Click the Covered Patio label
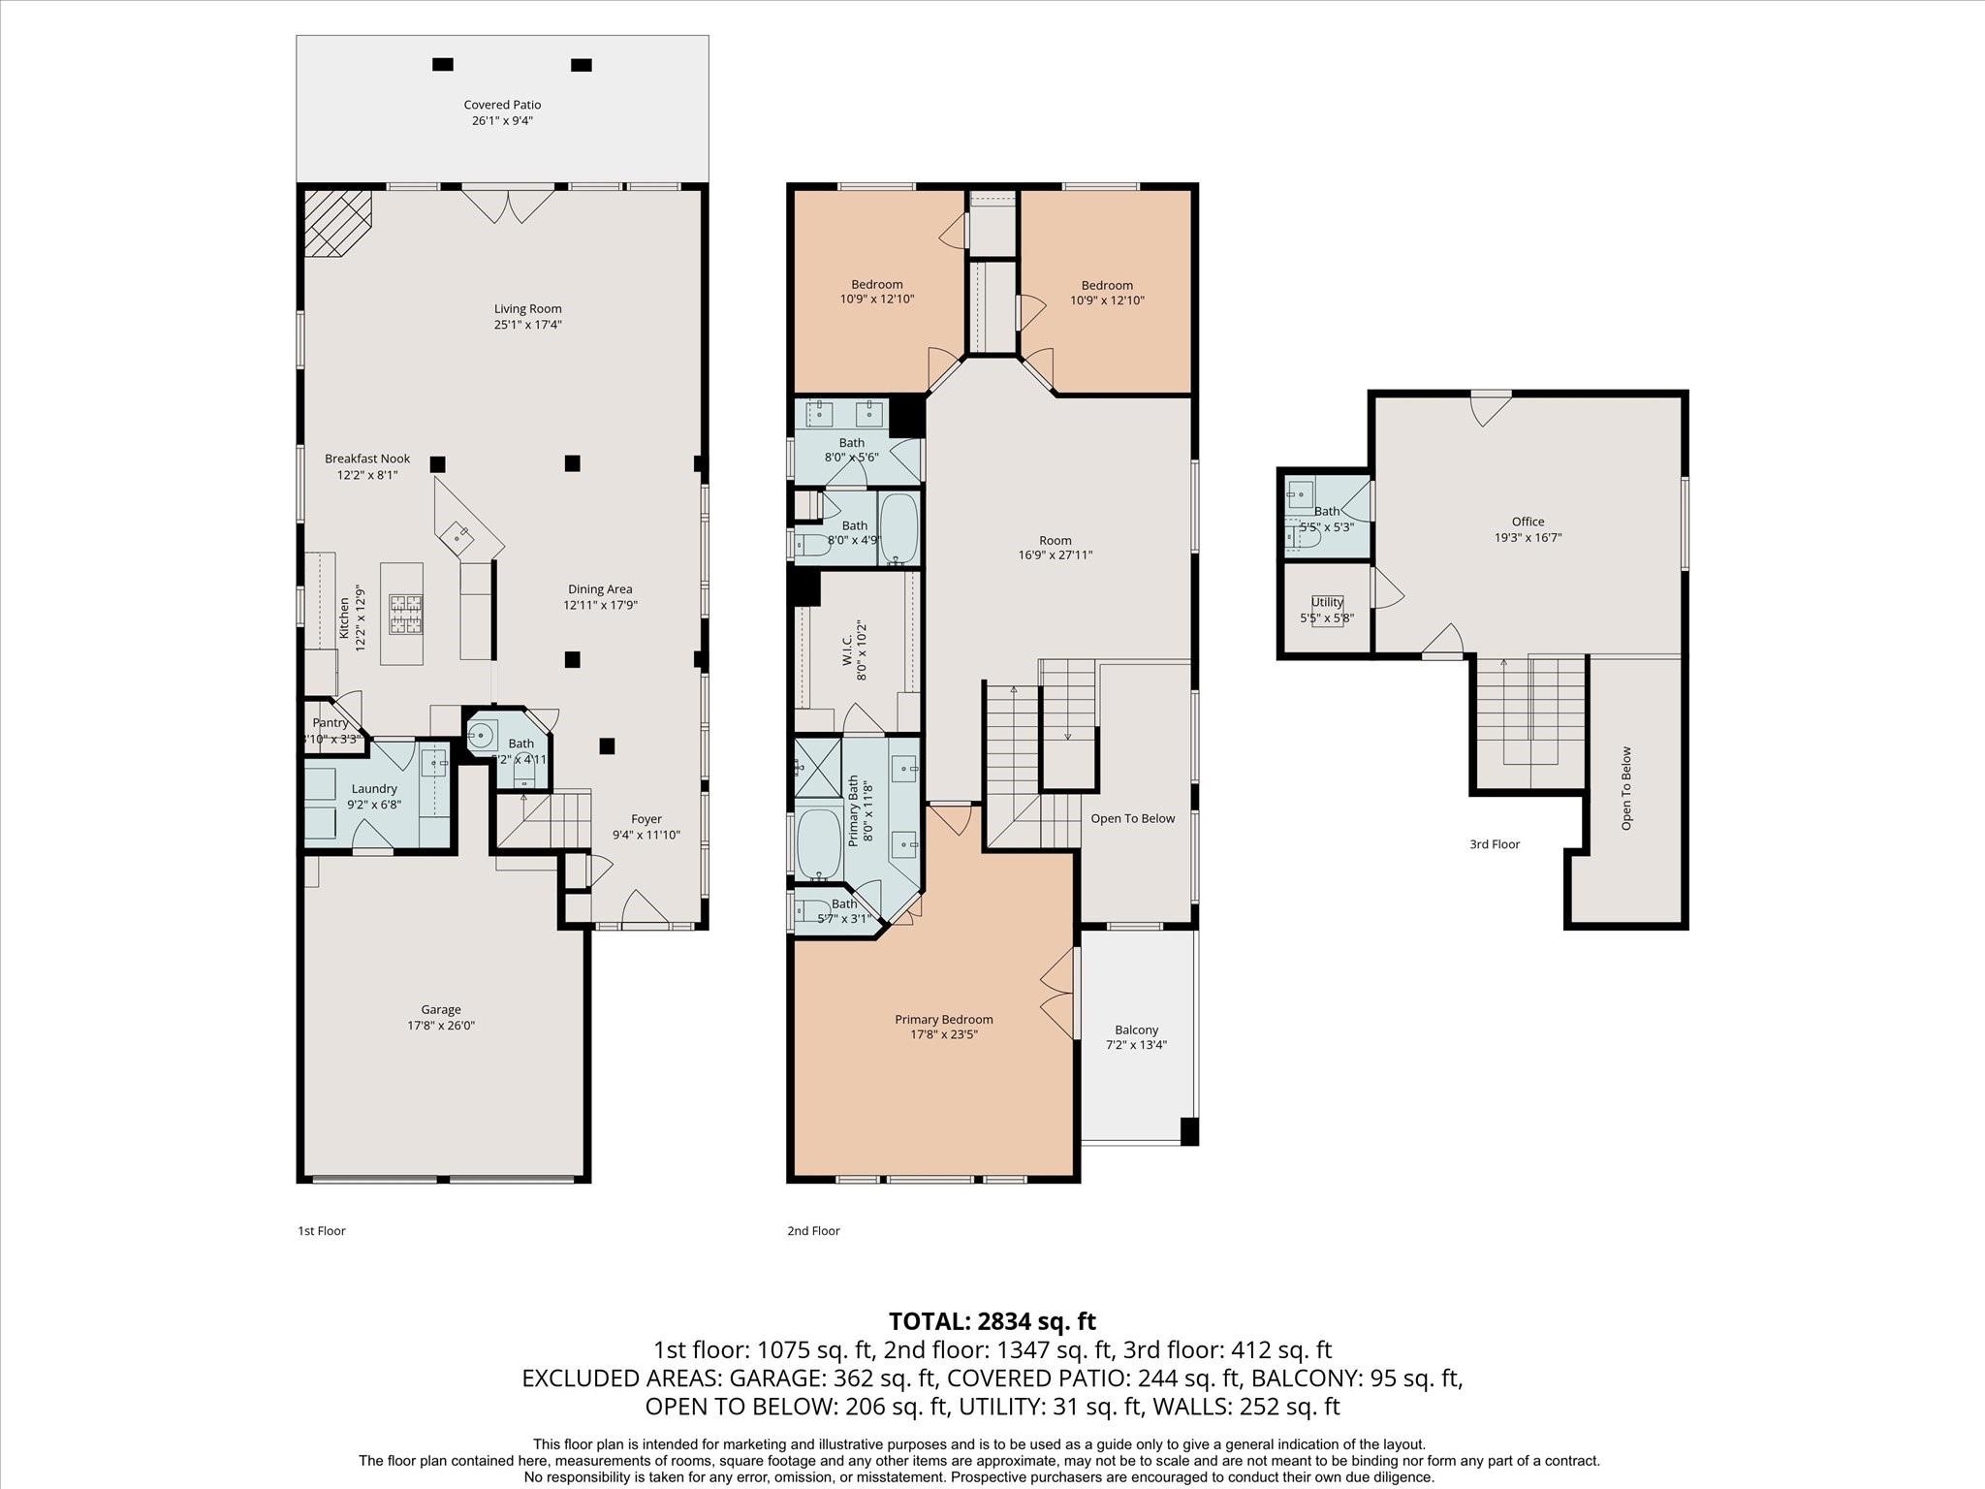pyautogui.click(x=502, y=105)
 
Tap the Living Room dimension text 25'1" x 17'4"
pyautogui.click(x=527, y=325)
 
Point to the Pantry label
pyautogui.click(x=331, y=723)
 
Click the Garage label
pyautogui.click(x=440, y=1009)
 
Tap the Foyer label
pyautogui.click(x=646, y=819)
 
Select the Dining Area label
pyautogui.click(x=600, y=588)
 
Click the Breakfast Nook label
pyautogui.click(x=366, y=459)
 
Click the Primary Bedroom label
pyautogui.click(x=943, y=1019)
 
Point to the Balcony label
pyautogui.click(x=1136, y=1030)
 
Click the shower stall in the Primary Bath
pyautogui.click(x=817, y=767)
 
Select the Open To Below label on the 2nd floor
pyautogui.click(x=1132, y=818)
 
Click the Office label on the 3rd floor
pyautogui.click(x=1528, y=522)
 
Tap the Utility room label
pyautogui.click(x=1327, y=602)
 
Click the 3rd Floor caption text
pyautogui.click(x=1494, y=844)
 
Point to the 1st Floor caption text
pyautogui.click(x=321, y=1231)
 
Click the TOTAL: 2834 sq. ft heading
pyautogui.click(x=992, y=1321)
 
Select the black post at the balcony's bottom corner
pyautogui.click(x=1188, y=1131)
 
